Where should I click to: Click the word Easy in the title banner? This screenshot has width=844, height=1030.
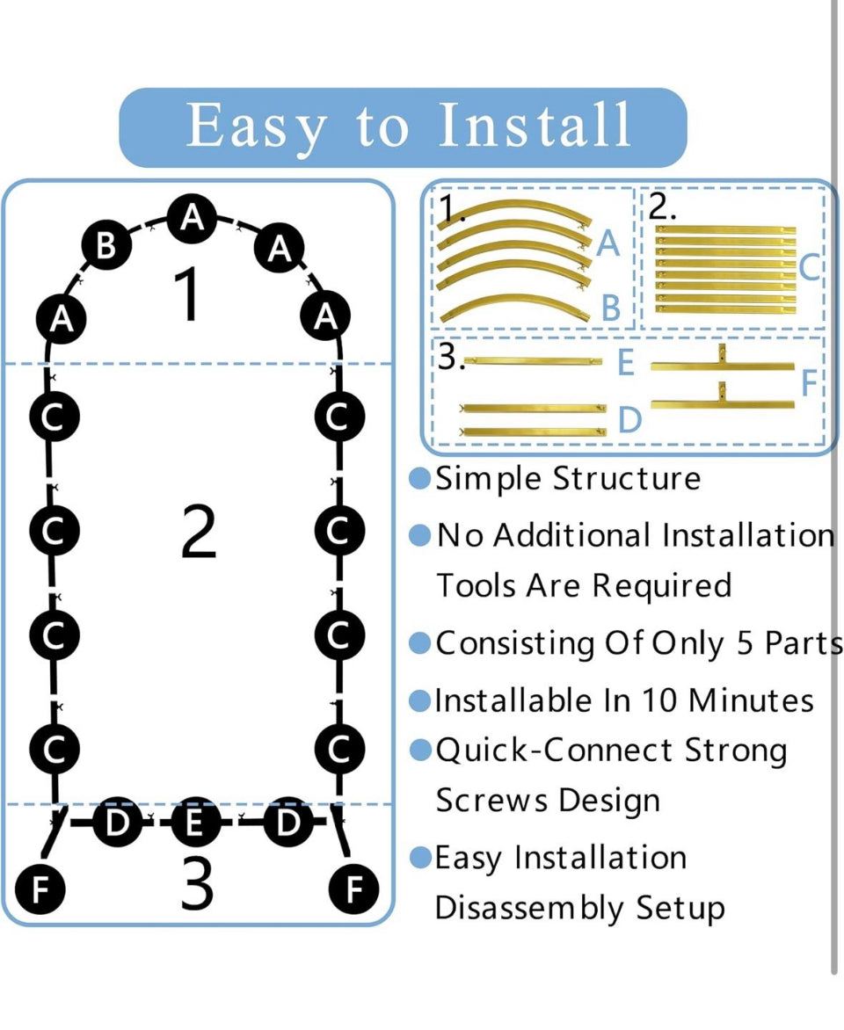pyautogui.click(x=255, y=126)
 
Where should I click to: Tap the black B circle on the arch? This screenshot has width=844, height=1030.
pyautogui.click(x=105, y=246)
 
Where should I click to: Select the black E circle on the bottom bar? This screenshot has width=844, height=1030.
pyautogui.click(x=195, y=823)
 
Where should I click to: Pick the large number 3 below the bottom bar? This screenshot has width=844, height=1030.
pyautogui.click(x=196, y=883)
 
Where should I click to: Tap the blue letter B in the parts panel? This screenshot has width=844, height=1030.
pyautogui.click(x=611, y=308)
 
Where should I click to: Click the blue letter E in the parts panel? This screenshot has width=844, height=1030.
pyautogui.click(x=625, y=362)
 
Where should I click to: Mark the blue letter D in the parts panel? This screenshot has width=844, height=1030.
pyautogui.click(x=629, y=421)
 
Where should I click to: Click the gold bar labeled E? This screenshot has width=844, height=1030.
pyautogui.click(x=534, y=361)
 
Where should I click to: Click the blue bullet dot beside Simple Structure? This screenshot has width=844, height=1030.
pyautogui.click(x=421, y=479)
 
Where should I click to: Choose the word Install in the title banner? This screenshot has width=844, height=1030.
pyautogui.click(x=535, y=126)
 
